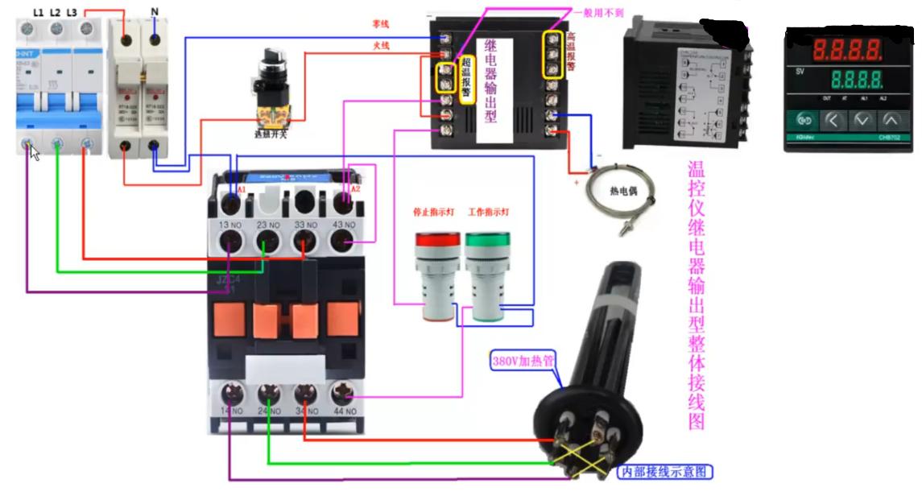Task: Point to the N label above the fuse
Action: (154, 12)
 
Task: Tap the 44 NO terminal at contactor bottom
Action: (344, 395)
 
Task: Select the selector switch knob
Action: (269, 64)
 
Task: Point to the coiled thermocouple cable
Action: (620, 192)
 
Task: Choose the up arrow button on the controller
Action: (891, 121)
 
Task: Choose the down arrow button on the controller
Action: (862, 121)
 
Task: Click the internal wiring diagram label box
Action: (664, 471)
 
